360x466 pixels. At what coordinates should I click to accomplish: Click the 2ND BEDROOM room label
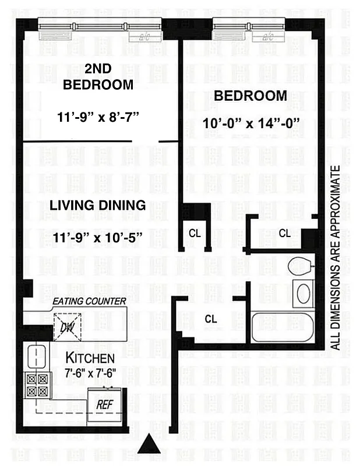(x=98, y=76)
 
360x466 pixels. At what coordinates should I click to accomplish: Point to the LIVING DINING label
(x=97, y=205)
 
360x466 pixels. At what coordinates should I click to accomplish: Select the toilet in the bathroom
(x=301, y=264)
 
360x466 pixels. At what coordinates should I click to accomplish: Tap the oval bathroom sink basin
(x=304, y=294)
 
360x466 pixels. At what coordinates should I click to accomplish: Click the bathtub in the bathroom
(x=282, y=327)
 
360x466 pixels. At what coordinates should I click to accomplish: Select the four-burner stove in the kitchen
(x=37, y=384)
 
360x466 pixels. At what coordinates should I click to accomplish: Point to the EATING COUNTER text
(x=90, y=301)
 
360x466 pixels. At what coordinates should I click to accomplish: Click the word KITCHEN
(x=90, y=358)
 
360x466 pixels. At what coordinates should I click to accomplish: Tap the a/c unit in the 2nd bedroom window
(x=142, y=36)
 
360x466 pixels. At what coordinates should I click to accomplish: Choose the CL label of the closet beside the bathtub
(x=211, y=319)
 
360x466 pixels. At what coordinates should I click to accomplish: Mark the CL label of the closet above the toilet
(x=284, y=233)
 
